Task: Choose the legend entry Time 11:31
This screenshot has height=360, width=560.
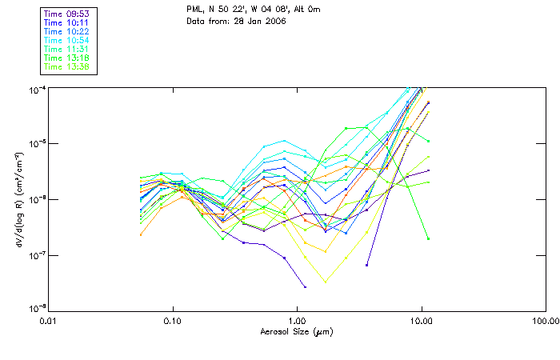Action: pos(66,50)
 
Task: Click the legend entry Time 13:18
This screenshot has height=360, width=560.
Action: pos(66,58)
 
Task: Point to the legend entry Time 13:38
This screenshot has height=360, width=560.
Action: pos(66,67)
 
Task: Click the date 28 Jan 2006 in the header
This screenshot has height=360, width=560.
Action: pos(261,21)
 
